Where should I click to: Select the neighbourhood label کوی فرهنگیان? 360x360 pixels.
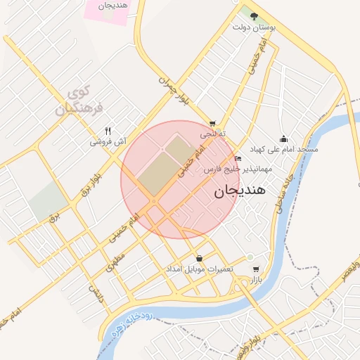click(79, 100)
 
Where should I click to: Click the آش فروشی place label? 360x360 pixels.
click(108, 141)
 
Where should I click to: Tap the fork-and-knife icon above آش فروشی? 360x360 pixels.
click(108, 130)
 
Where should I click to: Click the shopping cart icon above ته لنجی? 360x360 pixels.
click(212, 122)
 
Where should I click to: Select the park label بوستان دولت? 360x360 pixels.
click(254, 27)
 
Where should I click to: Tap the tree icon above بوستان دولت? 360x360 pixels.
click(254, 16)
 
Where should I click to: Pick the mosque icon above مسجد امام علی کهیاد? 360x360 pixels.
click(283, 139)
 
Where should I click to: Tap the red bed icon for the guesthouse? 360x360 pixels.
click(237, 159)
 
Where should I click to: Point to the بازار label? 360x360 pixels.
click(255, 280)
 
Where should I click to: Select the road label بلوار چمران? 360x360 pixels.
click(174, 91)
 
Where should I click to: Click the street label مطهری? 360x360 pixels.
click(115, 264)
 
